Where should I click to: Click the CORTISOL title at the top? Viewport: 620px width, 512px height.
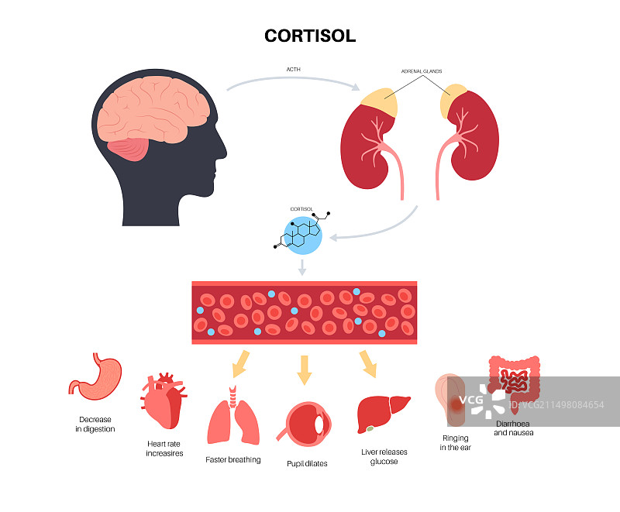(x=310, y=36)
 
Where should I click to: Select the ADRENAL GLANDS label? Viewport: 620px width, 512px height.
(x=421, y=71)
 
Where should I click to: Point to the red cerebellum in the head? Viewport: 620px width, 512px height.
(x=127, y=148)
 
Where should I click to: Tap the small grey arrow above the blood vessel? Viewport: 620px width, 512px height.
(x=303, y=267)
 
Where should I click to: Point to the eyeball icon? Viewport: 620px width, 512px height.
(x=306, y=427)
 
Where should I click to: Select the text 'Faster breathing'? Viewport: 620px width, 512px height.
(x=233, y=459)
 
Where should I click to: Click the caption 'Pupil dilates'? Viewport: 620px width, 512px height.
(x=306, y=464)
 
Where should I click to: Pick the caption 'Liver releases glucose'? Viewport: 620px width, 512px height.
(x=379, y=456)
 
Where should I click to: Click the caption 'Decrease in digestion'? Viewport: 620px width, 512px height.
(x=95, y=424)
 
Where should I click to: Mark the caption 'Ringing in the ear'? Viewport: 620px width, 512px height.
(x=456, y=442)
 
